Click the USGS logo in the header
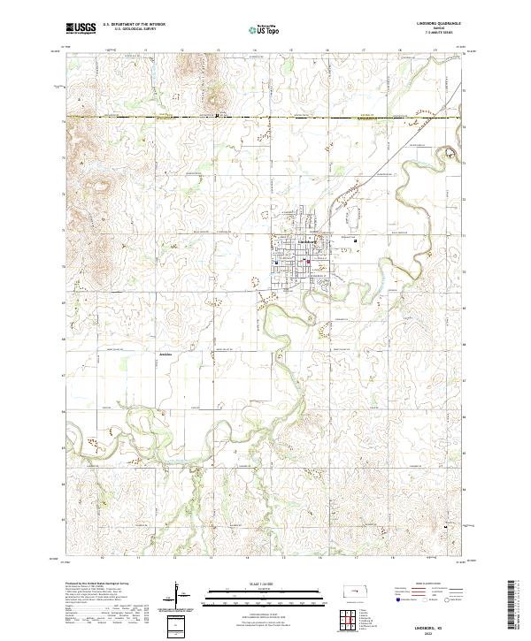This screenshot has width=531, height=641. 81,29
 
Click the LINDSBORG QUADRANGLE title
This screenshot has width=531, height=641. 444,24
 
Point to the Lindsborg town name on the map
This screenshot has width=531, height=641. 305,240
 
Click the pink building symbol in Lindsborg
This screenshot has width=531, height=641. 308,261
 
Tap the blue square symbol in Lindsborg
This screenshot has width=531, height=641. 276,262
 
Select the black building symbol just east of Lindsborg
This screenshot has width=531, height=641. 356,241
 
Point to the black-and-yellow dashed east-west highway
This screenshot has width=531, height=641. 265,117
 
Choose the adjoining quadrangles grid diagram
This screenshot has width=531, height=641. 352,618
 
